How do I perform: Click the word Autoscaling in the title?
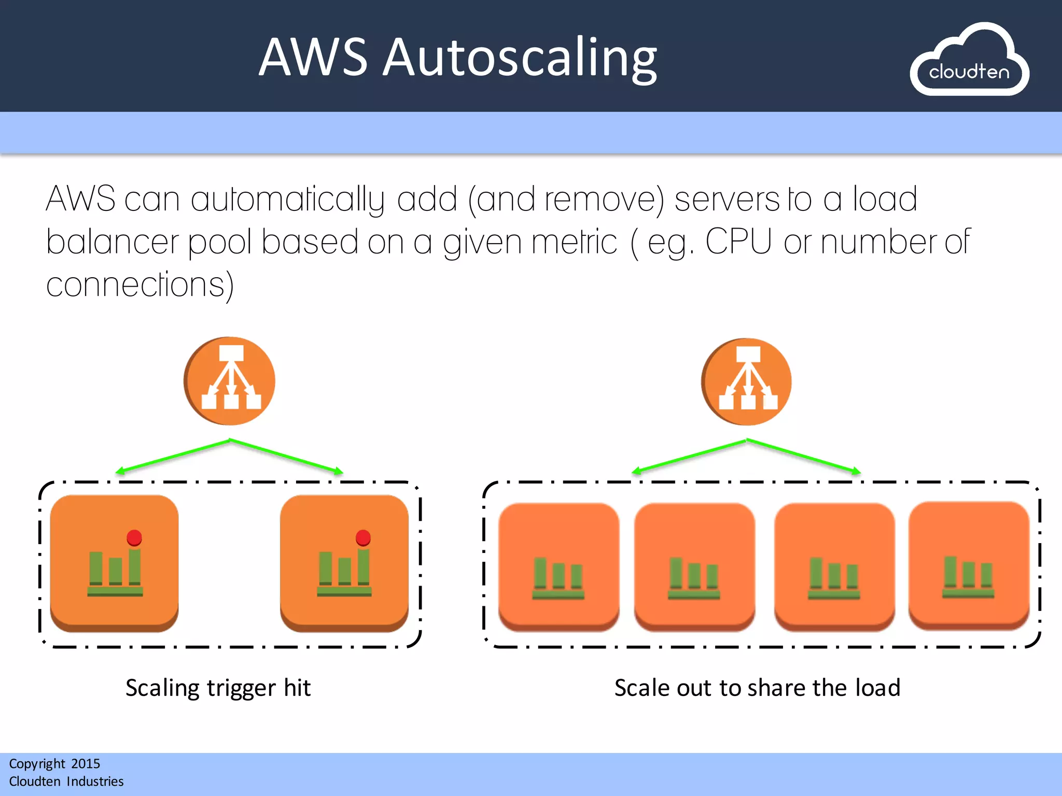(x=520, y=58)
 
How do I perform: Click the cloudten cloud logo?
(x=969, y=61)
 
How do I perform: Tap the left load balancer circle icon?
(x=230, y=381)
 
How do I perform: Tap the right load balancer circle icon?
(x=747, y=382)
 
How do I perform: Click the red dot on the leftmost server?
(x=134, y=537)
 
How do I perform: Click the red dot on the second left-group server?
(x=363, y=537)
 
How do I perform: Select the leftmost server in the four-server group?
(x=558, y=566)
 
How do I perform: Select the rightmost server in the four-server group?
(x=969, y=565)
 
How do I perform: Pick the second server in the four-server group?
(x=694, y=566)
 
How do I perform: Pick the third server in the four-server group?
(x=834, y=566)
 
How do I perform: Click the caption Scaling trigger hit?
(x=218, y=688)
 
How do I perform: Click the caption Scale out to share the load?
(x=757, y=688)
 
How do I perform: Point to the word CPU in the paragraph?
(x=738, y=241)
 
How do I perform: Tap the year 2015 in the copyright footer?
(x=86, y=764)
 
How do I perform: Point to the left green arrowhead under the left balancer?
(x=119, y=471)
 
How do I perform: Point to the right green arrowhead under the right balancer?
(x=857, y=471)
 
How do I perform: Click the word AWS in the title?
(x=313, y=58)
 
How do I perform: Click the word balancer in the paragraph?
(x=112, y=243)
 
